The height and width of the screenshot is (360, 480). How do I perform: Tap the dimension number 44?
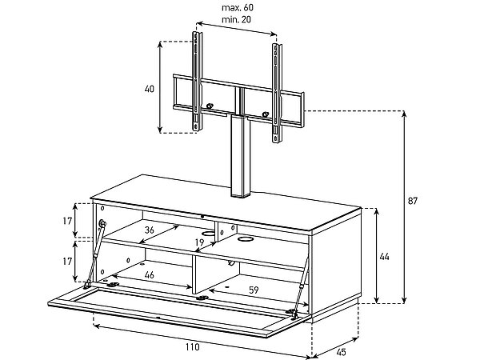(x=384, y=257)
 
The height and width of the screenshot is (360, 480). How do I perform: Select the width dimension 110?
(x=190, y=346)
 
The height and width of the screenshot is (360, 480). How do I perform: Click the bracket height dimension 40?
(x=150, y=89)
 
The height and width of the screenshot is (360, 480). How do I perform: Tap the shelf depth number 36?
(x=149, y=230)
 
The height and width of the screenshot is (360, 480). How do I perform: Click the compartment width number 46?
(x=149, y=275)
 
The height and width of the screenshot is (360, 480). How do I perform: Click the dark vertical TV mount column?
(x=238, y=156)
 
